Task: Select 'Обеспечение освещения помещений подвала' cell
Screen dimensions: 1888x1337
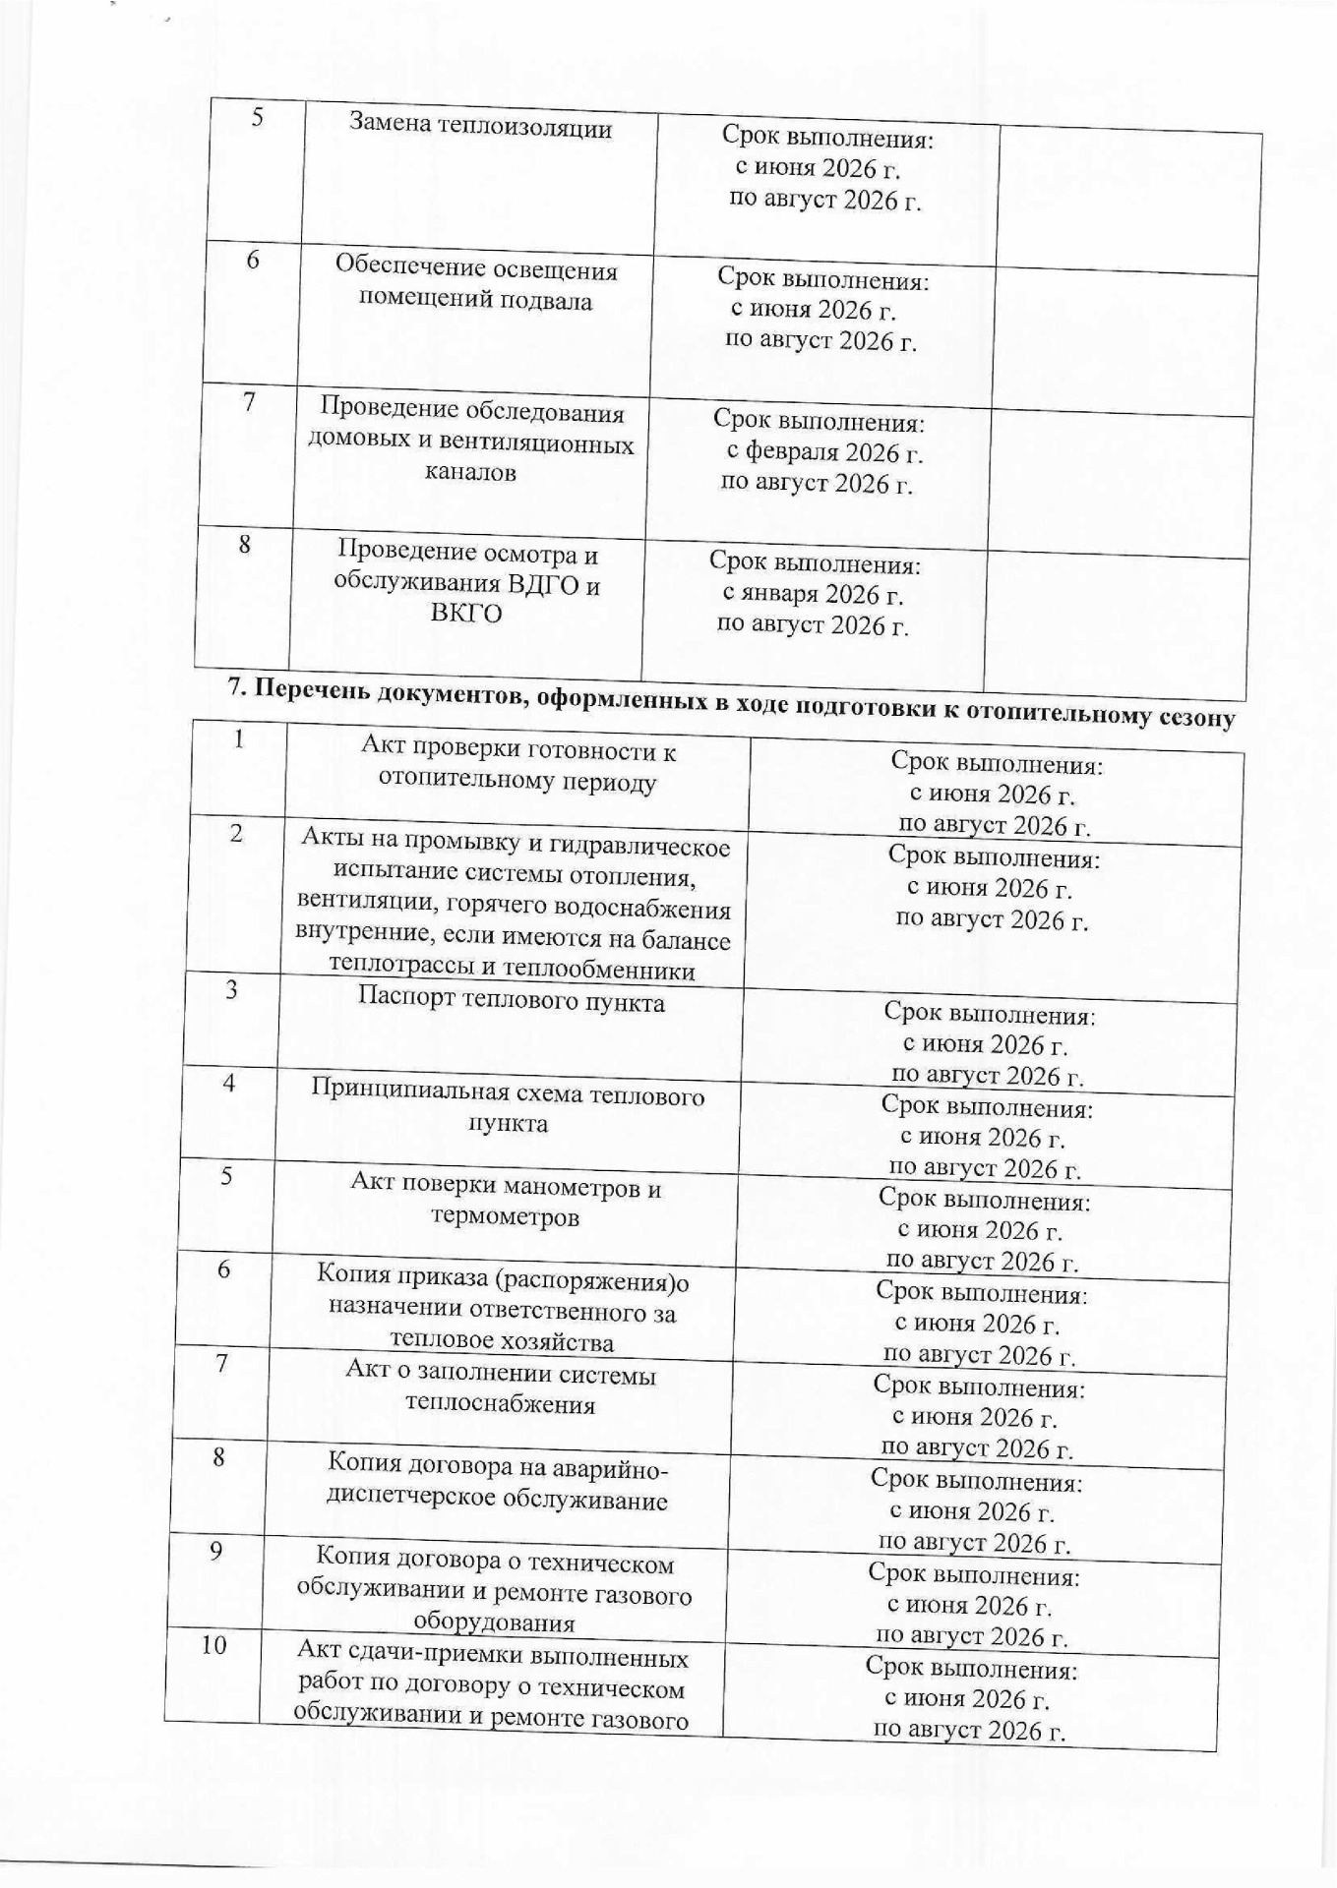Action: pos(476,283)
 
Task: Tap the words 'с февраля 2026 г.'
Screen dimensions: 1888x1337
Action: pos(823,453)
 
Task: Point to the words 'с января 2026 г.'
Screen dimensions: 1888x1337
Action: pos(813,595)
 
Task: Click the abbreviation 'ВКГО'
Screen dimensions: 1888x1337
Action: pos(466,614)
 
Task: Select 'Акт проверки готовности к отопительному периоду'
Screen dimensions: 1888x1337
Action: pos(518,766)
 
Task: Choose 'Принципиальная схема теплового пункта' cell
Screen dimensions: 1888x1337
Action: pos(509,1108)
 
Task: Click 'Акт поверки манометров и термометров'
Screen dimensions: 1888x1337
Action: pos(506,1202)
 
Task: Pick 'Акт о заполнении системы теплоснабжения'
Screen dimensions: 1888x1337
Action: pos(501,1387)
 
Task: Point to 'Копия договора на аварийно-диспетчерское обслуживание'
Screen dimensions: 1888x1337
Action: pos(497,1484)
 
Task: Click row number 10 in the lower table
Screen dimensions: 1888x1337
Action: pos(213,1644)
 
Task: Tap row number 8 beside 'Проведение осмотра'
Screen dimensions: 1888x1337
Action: pos(245,543)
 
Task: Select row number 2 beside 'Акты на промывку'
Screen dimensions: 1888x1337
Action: pos(236,833)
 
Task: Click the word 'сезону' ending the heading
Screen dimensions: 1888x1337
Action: pos(1193,718)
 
